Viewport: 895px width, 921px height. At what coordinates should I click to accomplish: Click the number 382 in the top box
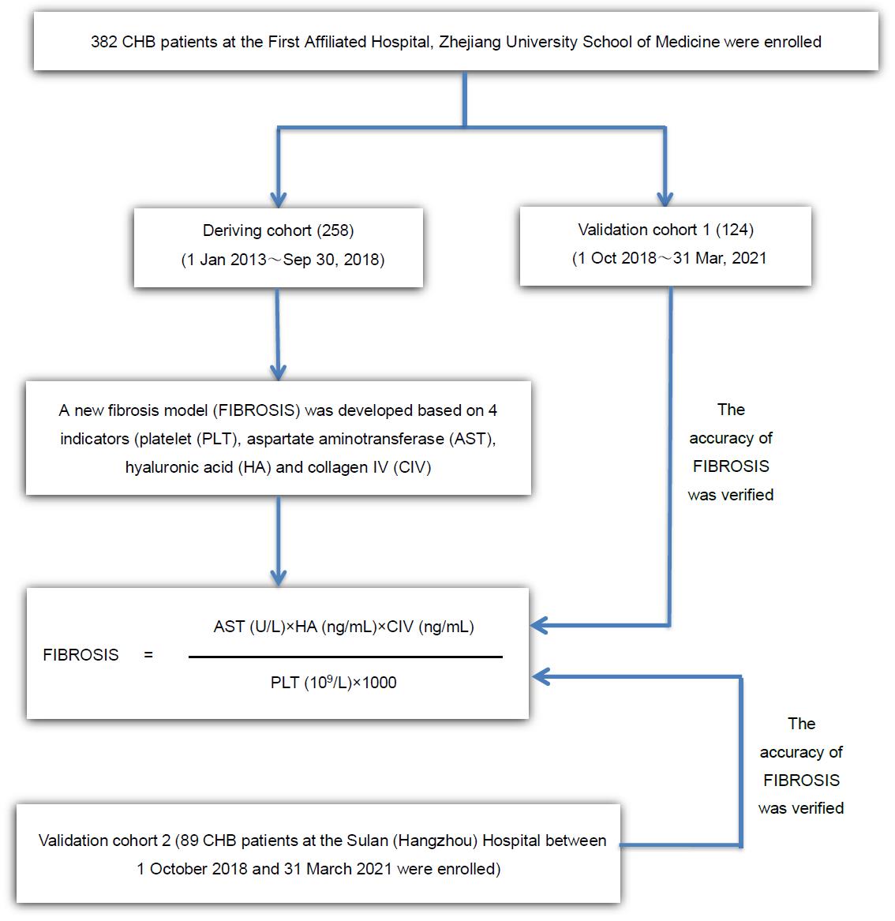click(104, 43)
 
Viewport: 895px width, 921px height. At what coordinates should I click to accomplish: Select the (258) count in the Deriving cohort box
click(335, 230)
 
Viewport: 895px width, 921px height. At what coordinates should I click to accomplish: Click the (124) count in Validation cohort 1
click(735, 230)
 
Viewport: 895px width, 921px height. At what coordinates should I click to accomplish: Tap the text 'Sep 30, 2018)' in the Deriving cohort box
click(334, 260)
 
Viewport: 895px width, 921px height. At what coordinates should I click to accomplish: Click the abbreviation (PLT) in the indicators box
click(218, 440)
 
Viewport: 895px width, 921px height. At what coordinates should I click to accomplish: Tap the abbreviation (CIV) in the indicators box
click(412, 467)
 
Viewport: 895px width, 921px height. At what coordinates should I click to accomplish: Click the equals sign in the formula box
click(148, 654)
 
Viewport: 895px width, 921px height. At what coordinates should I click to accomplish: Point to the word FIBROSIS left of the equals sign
click(81, 655)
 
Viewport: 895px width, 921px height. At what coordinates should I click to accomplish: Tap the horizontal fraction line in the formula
click(346, 657)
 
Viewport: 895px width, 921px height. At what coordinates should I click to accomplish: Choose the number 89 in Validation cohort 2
click(189, 841)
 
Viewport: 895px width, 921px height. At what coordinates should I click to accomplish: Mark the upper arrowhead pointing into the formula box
click(539, 626)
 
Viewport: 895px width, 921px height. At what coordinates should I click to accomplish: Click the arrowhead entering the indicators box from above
click(279, 372)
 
